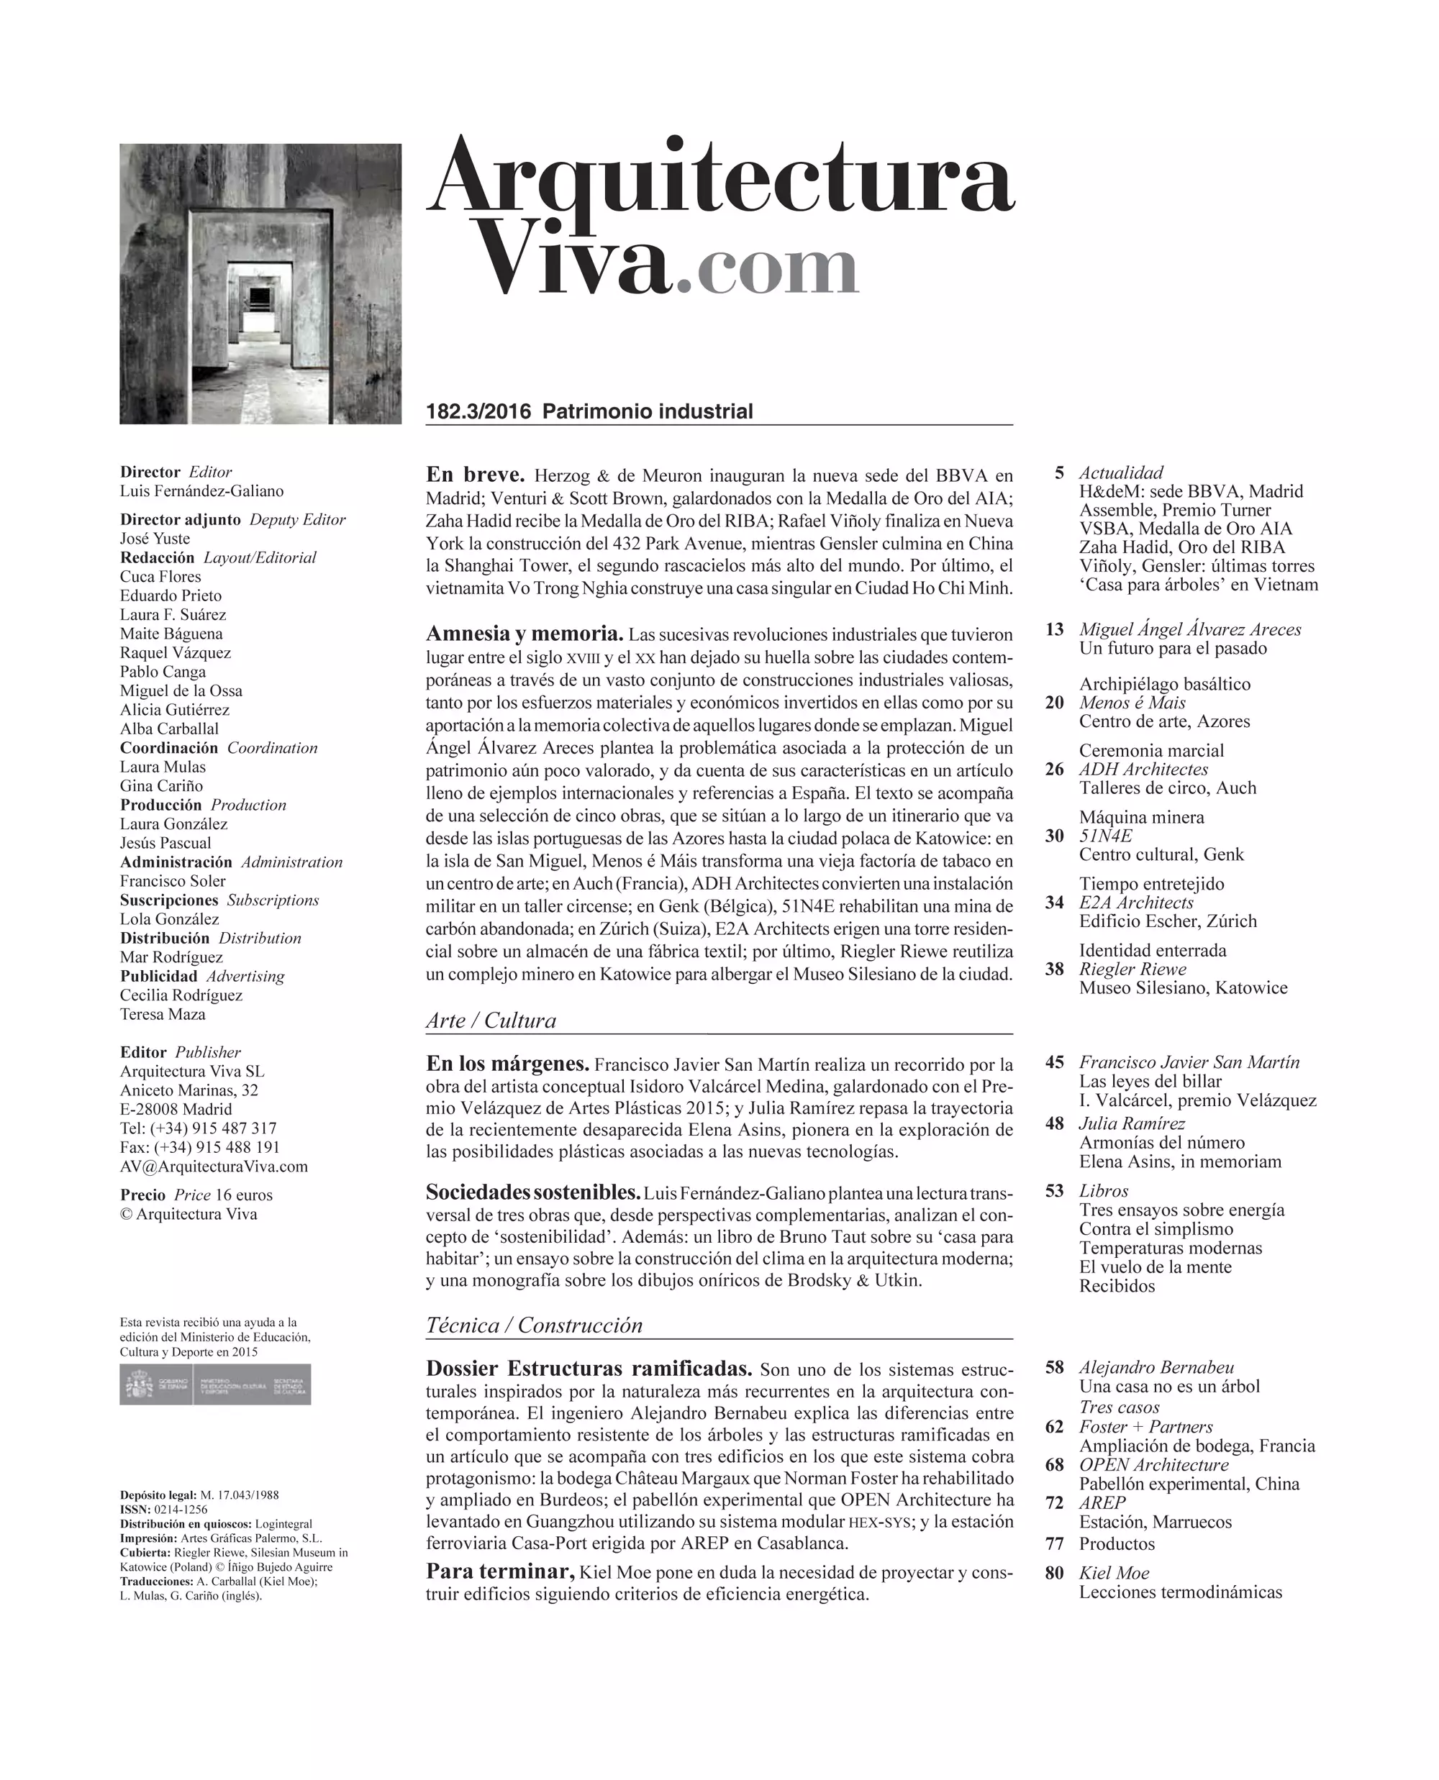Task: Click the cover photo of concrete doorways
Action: tap(260, 283)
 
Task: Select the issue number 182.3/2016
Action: tap(478, 412)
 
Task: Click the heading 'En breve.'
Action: tap(475, 475)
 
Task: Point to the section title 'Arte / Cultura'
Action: tap(491, 1020)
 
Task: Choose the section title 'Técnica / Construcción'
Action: tap(534, 1325)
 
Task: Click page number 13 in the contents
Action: tap(1054, 629)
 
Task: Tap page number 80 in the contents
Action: tap(1054, 1573)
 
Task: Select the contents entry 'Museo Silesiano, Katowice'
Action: tap(1183, 987)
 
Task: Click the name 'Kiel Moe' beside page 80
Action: tap(1114, 1573)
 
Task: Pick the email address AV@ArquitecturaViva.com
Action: tap(214, 1167)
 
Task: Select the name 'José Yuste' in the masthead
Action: tap(155, 539)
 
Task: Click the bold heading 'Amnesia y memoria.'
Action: tap(524, 634)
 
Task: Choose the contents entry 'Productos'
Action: tap(1117, 1544)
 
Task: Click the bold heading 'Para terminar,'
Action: tap(500, 1571)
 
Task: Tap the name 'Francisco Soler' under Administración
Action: tap(173, 881)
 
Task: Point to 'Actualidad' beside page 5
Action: tap(1121, 473)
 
